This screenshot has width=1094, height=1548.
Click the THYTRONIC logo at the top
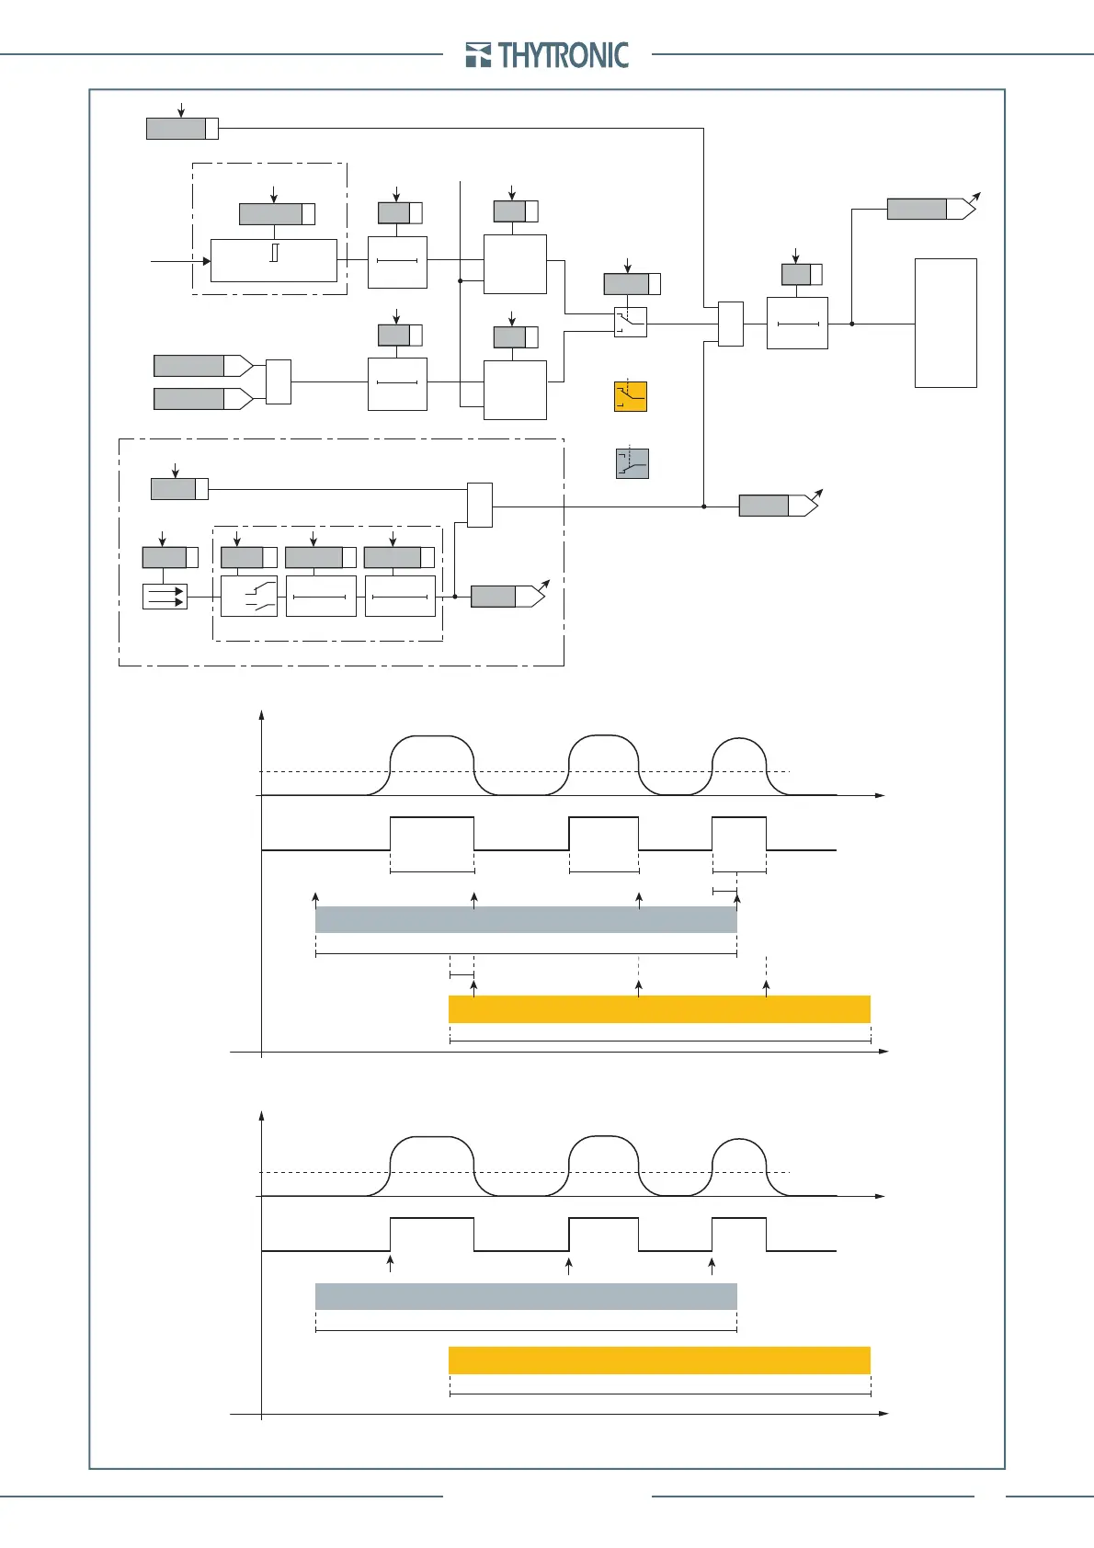point(548,55)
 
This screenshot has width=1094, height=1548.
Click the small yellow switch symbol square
point(631,396)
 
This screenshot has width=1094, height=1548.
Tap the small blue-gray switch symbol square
point(632,464)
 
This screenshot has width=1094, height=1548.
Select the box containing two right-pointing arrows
point(165,597)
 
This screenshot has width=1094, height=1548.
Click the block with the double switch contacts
point(249,596)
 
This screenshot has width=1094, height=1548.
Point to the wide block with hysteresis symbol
point(273,260)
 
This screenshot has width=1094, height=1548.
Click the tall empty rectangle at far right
point(945,323)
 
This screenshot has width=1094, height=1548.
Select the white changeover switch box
point(631,322)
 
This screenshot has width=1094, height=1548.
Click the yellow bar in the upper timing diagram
point(659,1008)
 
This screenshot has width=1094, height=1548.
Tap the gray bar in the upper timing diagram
point(526,920)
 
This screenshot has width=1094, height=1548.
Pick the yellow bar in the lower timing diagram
point(659,1360)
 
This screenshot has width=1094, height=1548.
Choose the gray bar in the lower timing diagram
point(526,1296)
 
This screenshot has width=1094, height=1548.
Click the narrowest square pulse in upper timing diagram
point(739,834)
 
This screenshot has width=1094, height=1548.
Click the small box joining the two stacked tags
point(278,381)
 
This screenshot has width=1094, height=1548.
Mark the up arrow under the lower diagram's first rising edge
point(391,1263)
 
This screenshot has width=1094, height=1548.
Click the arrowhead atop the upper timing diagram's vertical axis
point(262,715)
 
